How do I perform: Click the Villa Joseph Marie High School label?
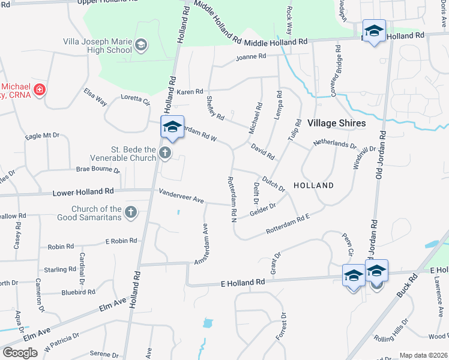pyautogui.click(x=98, y=46)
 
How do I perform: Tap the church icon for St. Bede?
pyautogui.click(x=166, y=154)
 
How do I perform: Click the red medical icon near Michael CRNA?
pyautogui.click(x=40, y=91)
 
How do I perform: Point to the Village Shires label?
pyautogui.click(x=336, y=123)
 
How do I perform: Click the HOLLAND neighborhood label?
pyautogui.click(x=313, y=185)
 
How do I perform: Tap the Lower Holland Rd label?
pyautogui.click(x=83, y=193)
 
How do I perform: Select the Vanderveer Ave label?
pyautogui.click(x=181, y=196)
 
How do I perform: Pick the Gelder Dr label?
pyautogui.click(x=262, y=208)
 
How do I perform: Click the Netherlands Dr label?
pyautogui.click(x=334, y=145)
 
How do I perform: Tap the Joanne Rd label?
pyautogui.click(x=251, y=56)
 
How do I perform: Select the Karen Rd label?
pyautogui.click(x=190, y=92)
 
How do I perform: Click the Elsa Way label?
pyautogui.click(x=95, y=97)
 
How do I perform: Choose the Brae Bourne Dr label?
pyautogui.click(x=98, y=170)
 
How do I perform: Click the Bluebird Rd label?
pyautogui.click(x=78, y=292)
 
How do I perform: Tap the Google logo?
pyautogui.click(x=20, y=353)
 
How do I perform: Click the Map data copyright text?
pyautogui.click(x=423, y=355)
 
